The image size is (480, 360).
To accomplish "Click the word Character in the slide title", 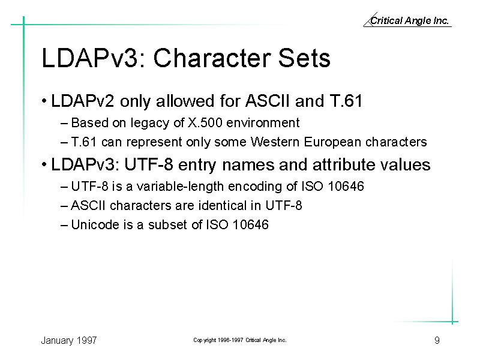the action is [212, 58].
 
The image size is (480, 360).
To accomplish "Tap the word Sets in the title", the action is [304, 58].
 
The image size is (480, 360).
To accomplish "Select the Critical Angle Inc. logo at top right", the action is [407, 20].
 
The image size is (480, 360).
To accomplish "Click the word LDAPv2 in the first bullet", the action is [83, 101].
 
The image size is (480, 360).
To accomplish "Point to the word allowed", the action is [185, 101].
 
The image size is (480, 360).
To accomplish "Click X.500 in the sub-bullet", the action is [205, 123].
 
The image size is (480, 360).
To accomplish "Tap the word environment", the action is [263, 123].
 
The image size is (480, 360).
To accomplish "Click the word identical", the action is [218, 205].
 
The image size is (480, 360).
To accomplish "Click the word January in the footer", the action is [57, 340].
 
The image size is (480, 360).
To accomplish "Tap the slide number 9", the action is [437, 340].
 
